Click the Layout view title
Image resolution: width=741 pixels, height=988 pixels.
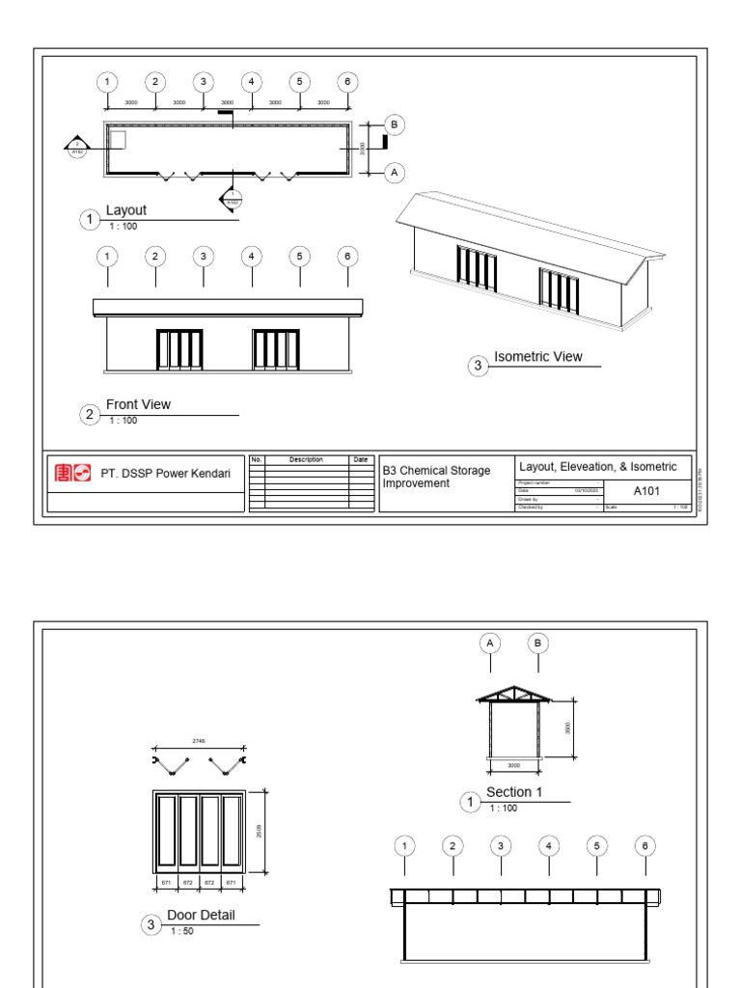tap(126, 209)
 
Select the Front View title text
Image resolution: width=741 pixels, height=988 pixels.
tap(138, 404)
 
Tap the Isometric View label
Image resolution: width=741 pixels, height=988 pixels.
tap(538, 356)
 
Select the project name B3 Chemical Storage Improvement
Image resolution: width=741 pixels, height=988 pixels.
tap(437, 477)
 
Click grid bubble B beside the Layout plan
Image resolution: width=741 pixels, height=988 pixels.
tap(394, 123)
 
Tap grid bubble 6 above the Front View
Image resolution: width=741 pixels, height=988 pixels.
tap(347, 256)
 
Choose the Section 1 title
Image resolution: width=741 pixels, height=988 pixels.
tap(514, 792)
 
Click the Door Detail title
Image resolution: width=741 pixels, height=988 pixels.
tap(201, 915)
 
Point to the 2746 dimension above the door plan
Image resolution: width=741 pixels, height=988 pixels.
tap(199, 741)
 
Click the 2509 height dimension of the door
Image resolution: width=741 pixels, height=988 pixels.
tap(260, 830)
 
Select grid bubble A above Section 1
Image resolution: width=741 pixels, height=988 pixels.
tap(490, 643)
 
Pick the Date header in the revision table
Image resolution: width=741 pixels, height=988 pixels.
tap(360, 460)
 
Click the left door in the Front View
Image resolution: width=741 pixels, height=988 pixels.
tap(179, 350)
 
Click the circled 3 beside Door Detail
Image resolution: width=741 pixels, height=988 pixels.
tap(151, 925)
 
